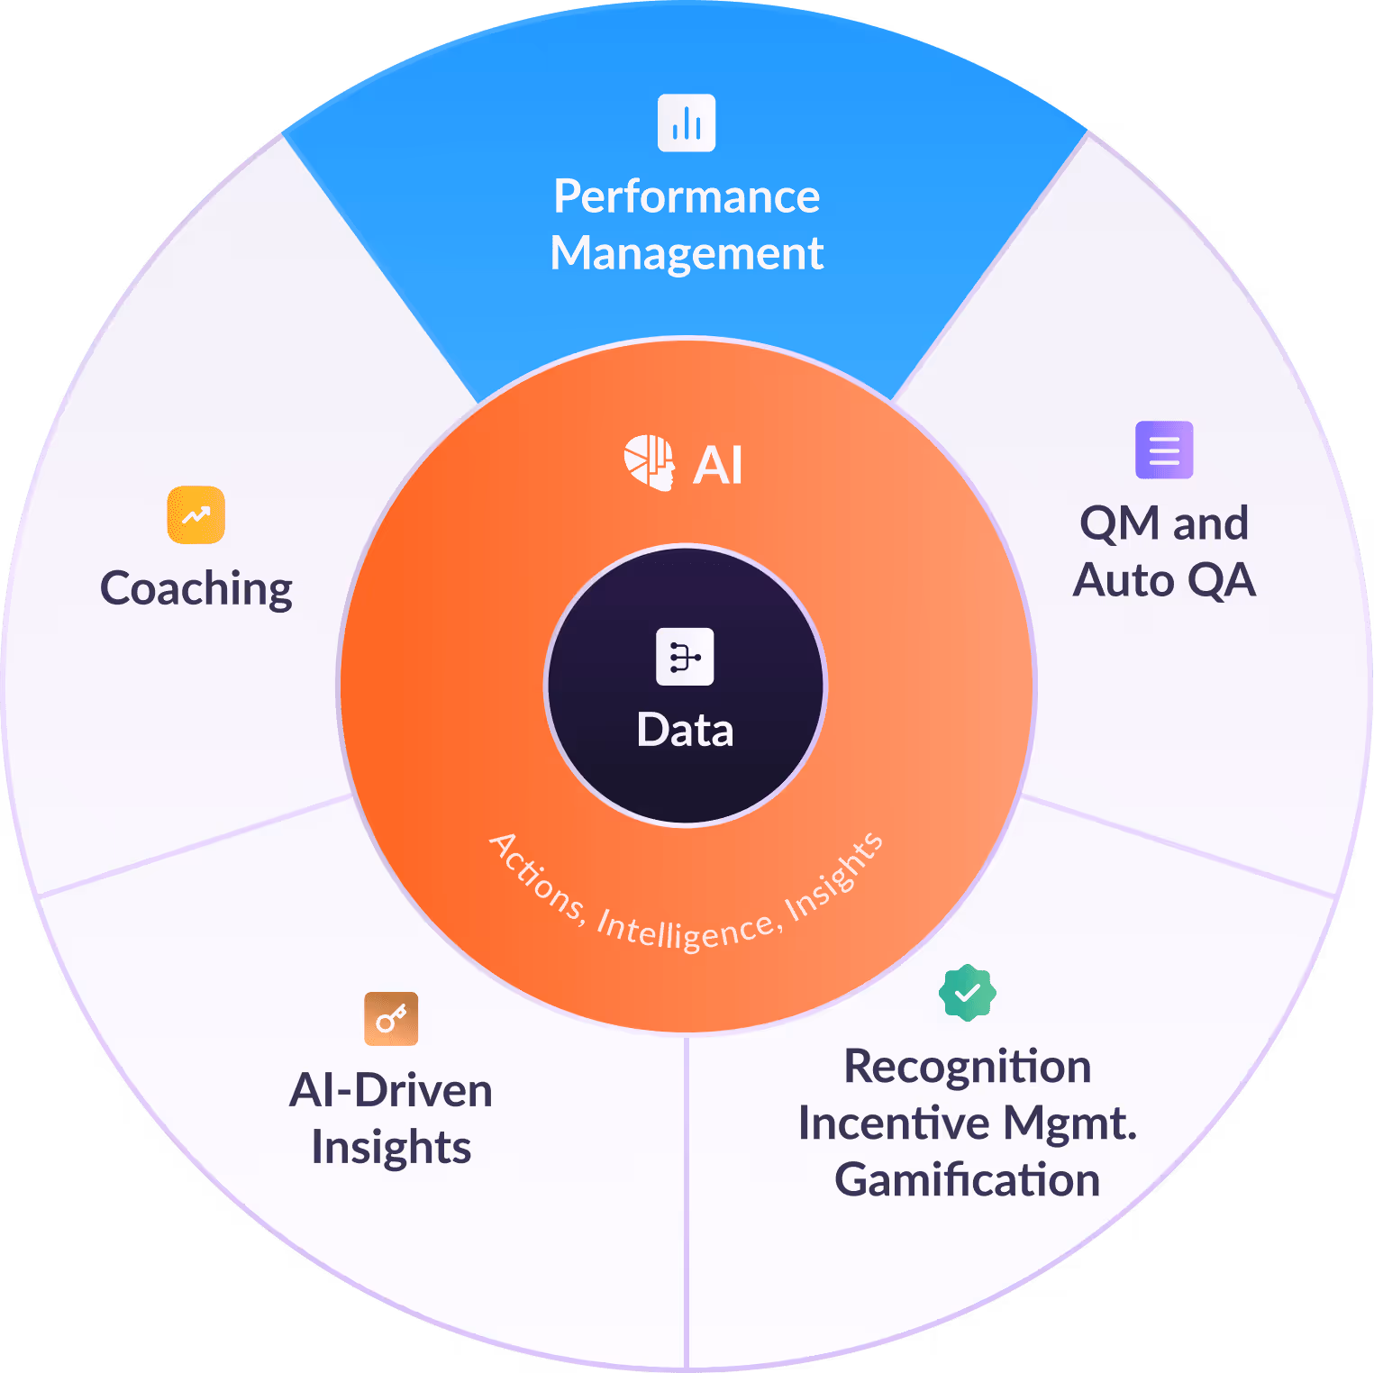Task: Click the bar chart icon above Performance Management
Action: coord(687,123)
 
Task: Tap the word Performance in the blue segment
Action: coord(687,196)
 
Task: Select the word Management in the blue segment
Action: coord(687,253)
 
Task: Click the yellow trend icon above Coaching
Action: coord(196,514)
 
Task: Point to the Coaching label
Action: coord(196,589)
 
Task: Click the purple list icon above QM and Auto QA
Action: coord(1164,450)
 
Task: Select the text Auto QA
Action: coord(1164,580)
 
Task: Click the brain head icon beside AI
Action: coord(650,463)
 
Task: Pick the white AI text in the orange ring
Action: coord(718,466)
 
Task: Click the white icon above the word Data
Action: coord(685,657)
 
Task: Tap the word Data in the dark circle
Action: coord(685,730)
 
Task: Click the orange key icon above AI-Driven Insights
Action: coord(391,1019)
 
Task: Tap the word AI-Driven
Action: coord(391,1091)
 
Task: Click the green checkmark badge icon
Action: coord(967,993)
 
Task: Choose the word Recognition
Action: coord(967,1067)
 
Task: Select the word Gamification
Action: coord(967,1180)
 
